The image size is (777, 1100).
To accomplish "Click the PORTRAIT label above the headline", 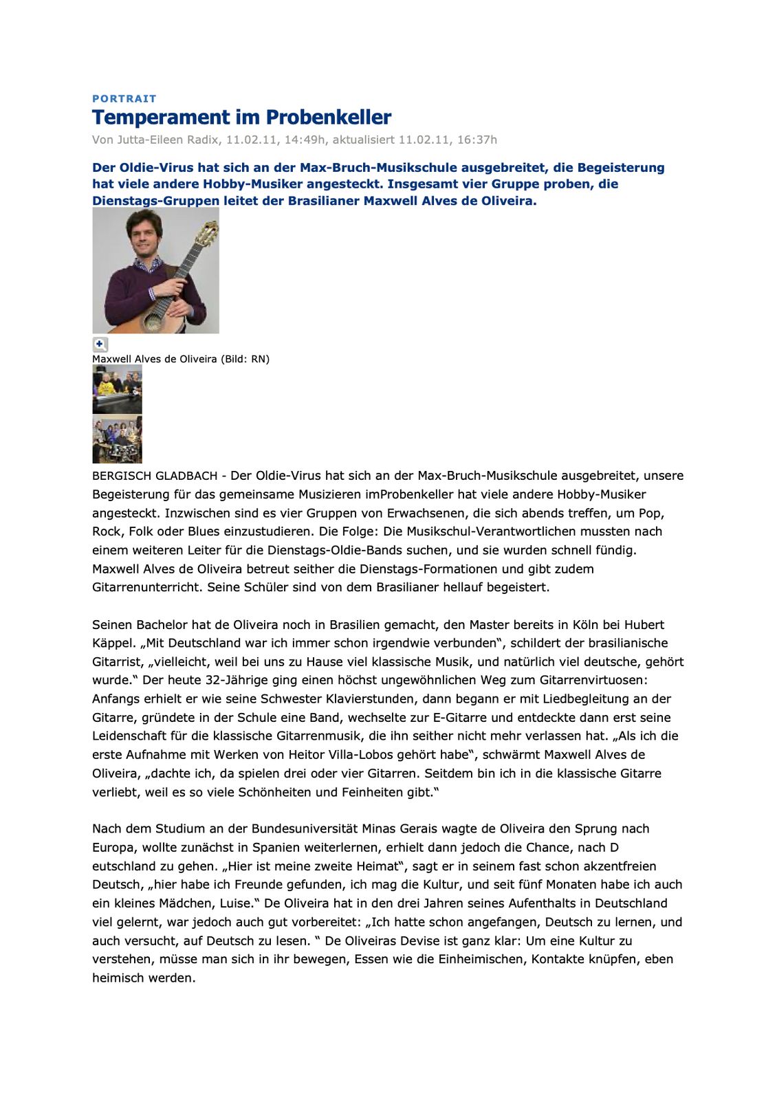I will (124, 98).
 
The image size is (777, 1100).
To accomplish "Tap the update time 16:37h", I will (477, 140).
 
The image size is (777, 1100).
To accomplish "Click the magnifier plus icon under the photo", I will (100, 344).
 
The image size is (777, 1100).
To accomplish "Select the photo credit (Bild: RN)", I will (245, 359).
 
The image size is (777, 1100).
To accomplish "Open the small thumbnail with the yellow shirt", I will (117, 389).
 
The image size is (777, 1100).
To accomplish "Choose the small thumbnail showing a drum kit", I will (117, 440).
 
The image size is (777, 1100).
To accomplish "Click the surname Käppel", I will (113, 643).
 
